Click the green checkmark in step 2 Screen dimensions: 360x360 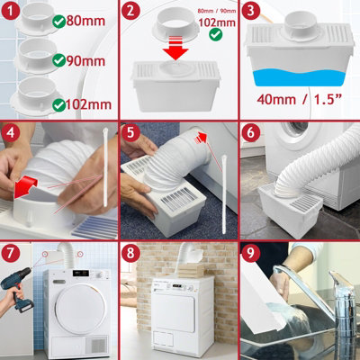[213, 33]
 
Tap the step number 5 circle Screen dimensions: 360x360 [132, 132]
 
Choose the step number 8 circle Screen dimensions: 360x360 [132, 252]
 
